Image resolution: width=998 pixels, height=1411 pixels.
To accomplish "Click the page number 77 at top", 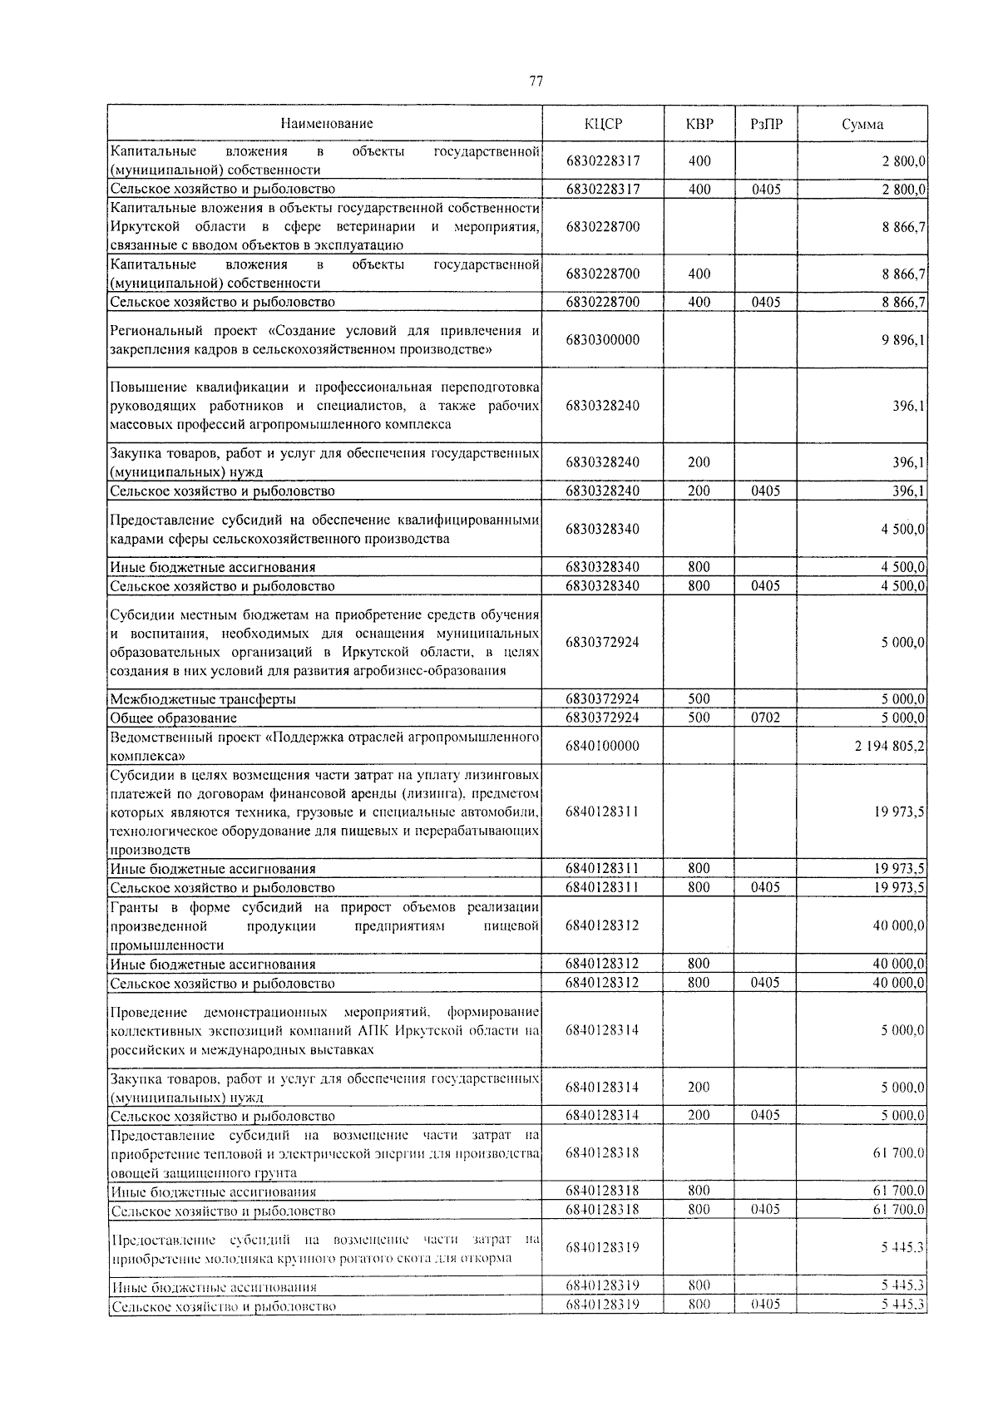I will click(536, 81).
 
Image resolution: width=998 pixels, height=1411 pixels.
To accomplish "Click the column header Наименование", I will click(326, 124).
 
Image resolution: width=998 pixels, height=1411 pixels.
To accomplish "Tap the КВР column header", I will click(699, 125).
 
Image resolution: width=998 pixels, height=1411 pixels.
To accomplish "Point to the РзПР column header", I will click(765, 125).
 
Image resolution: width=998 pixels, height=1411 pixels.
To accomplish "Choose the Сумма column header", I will click(862, 125).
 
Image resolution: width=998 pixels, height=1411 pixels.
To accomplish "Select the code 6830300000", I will click(603, 340).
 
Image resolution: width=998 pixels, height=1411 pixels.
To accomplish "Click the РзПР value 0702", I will click(765, 718).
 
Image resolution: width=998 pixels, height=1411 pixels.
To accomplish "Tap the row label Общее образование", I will click(174, 718).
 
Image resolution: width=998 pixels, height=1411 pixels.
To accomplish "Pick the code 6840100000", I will click(603, 746).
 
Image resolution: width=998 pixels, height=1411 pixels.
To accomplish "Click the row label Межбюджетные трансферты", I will click(203, 699).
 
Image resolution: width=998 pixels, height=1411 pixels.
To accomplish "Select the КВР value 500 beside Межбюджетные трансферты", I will click(699, 699).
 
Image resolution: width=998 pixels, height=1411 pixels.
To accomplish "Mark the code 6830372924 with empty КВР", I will click(603, 643).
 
